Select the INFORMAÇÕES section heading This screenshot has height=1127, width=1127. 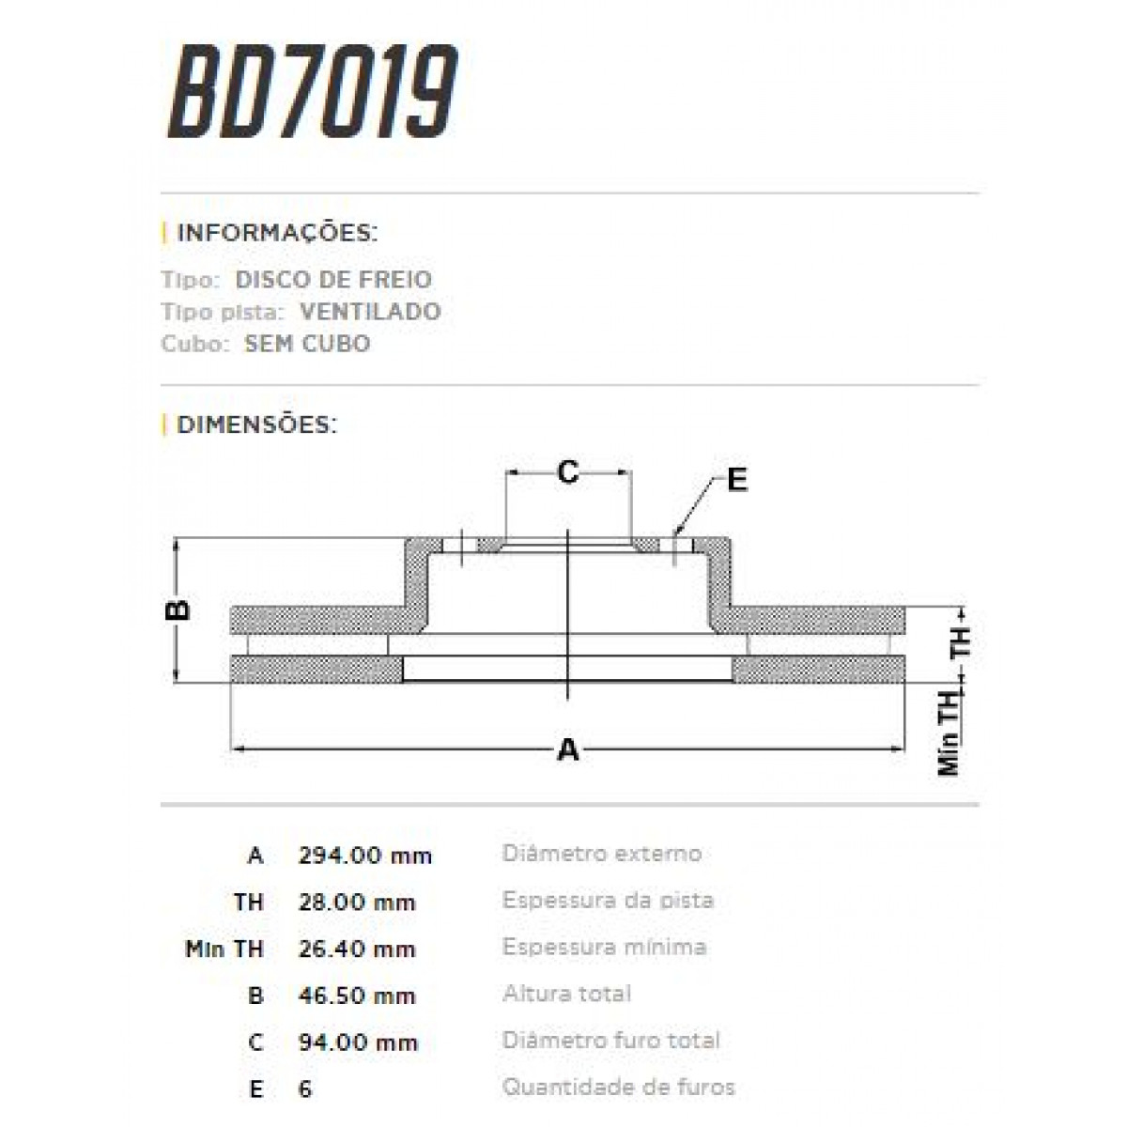(276, 232)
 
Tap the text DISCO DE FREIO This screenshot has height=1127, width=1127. (332, 279)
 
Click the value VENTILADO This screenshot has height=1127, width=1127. (370, 311)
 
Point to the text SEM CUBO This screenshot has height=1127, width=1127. (307, 343)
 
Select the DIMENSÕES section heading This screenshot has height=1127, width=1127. (255, 425)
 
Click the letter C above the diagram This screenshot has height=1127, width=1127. (567, 471)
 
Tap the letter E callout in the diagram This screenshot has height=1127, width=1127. (737, 480)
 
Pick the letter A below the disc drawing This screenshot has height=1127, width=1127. (567, 750)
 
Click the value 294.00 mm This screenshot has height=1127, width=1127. (364, 856)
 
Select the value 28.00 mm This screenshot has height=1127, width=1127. (357, 903)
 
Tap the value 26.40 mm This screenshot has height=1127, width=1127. (357, 949)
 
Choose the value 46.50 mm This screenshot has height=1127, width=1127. (357, 996)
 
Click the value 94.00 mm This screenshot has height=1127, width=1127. (357, 1042)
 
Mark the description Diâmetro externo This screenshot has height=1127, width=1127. (602, 854)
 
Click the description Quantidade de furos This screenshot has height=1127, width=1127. (618, 1088)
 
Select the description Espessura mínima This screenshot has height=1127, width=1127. (604, 947)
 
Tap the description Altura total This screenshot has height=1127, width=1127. (566, 994)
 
